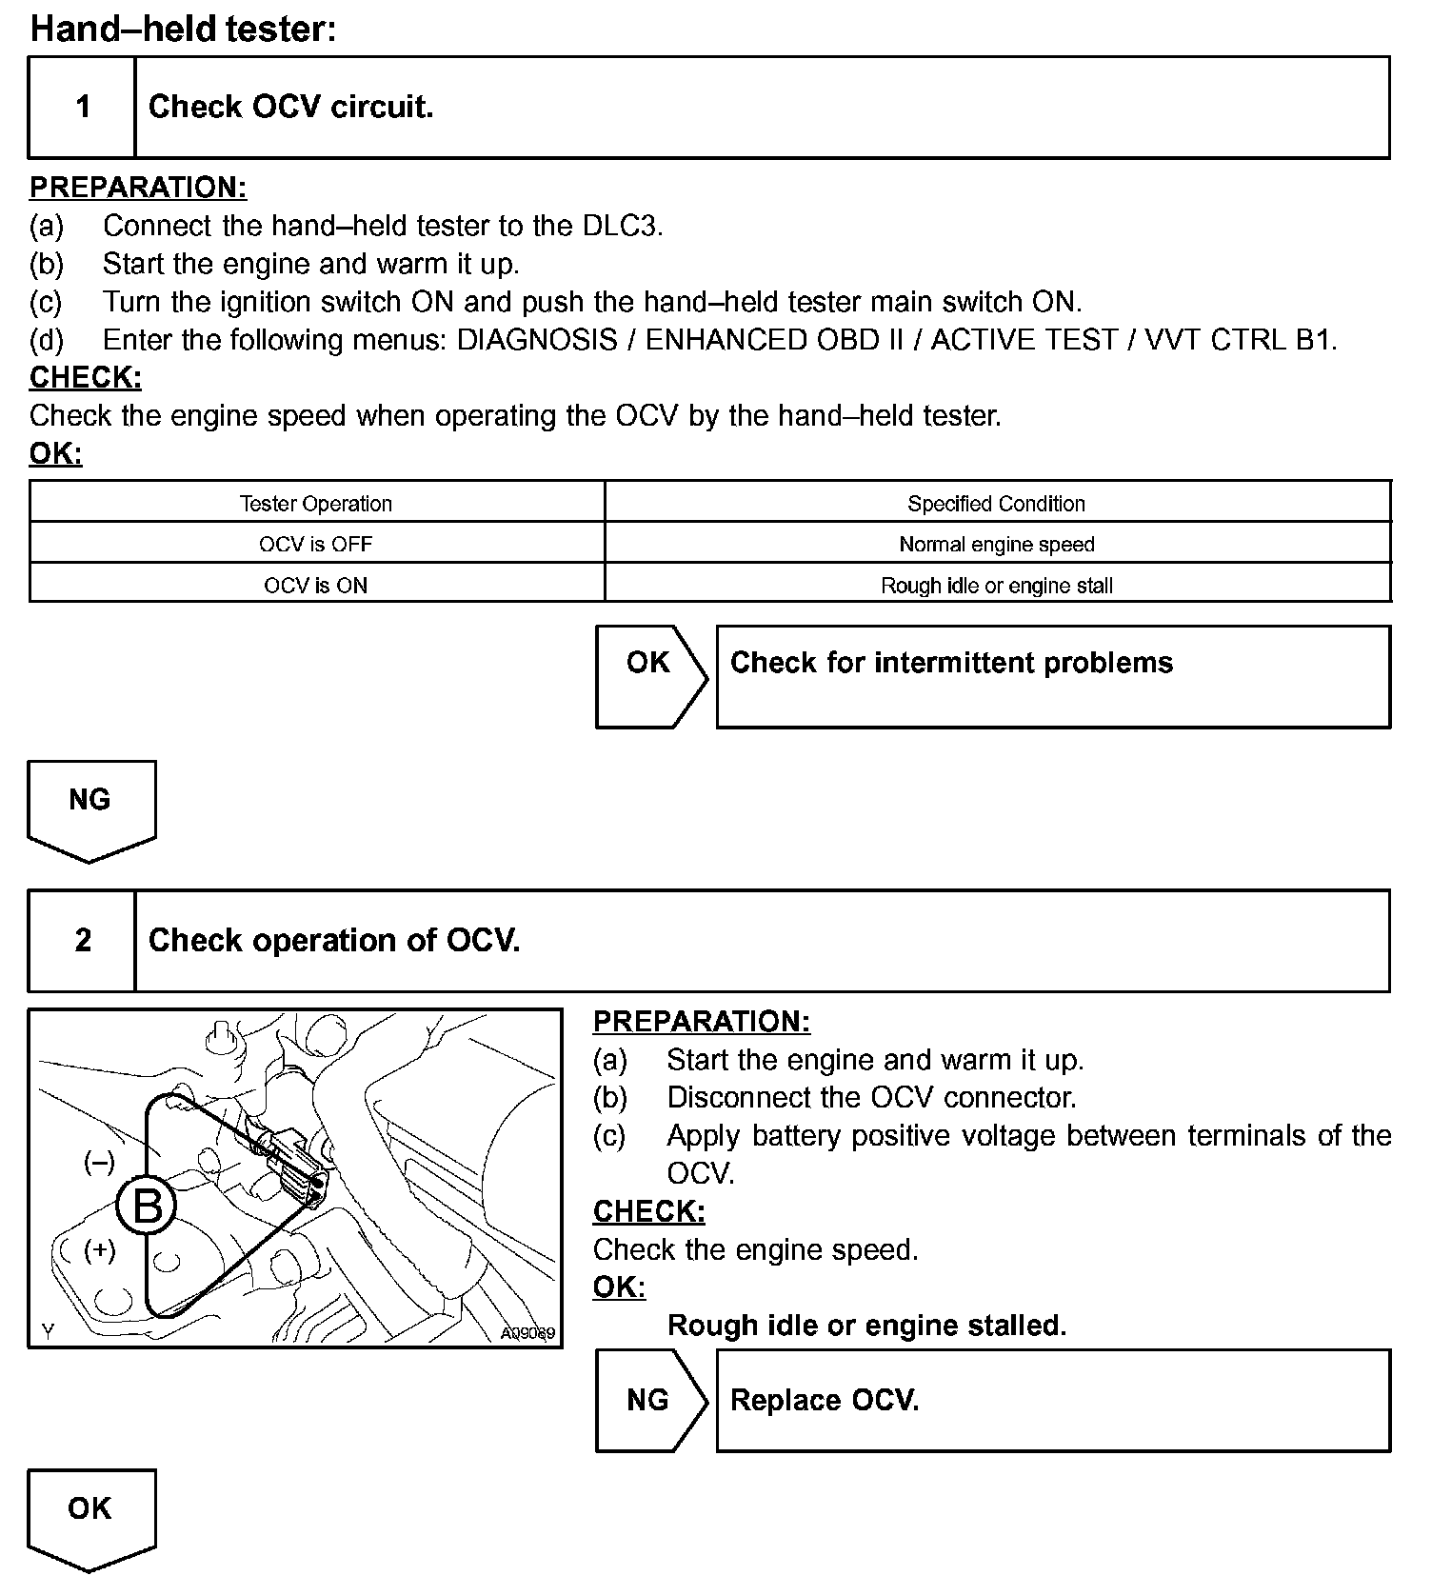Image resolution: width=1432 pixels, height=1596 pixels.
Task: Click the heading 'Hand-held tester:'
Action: [x=183, y=29]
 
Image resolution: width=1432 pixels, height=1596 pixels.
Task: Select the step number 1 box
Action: [x=83, y=107]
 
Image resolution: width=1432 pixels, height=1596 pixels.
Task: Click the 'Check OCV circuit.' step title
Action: [x=290, y=107]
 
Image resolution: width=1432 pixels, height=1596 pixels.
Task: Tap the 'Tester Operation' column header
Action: [x=316, y=503]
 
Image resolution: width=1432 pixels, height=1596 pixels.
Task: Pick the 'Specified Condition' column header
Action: [x=996, y=503]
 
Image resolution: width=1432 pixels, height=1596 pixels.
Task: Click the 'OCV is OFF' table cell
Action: [x=316, y=544]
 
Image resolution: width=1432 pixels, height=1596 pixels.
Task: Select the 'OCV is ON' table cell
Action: [x=316, y=585]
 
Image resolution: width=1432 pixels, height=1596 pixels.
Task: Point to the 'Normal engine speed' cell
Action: [x=996, y=544]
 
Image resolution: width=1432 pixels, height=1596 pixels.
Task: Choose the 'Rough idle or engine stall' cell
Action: [x=996, y=585]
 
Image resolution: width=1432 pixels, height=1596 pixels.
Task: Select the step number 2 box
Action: [x=83, y=940]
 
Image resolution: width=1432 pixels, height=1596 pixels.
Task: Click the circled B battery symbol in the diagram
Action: [x=147, y=1207]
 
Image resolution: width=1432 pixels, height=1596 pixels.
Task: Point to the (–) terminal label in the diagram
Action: [x=99, y=1162]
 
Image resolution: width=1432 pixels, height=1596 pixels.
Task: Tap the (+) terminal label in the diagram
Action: [x=99, y=1249]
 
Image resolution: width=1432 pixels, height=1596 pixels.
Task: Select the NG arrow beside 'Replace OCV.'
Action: [x=648, y=1400]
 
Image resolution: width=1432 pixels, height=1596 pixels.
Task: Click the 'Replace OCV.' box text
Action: [x=825, y=1400]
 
